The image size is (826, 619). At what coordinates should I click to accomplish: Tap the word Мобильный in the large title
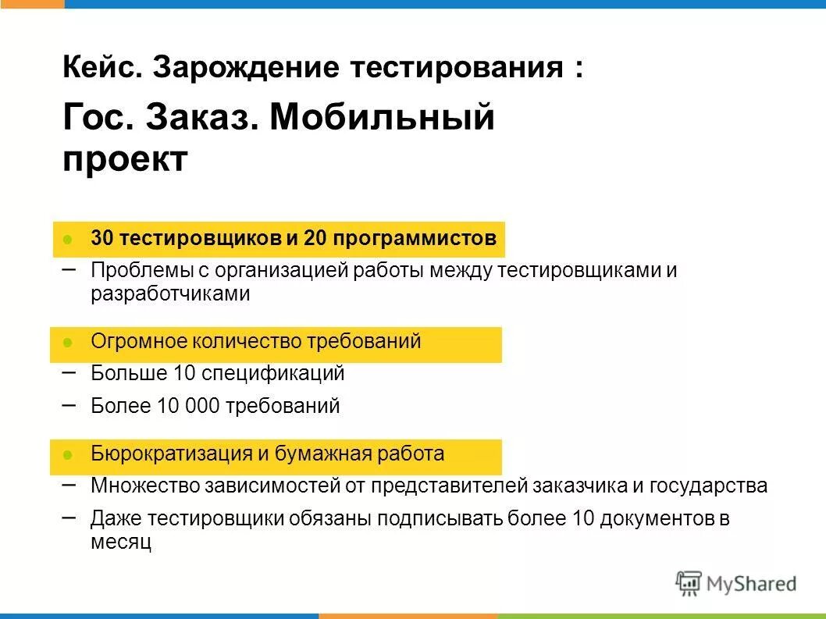[383, 119]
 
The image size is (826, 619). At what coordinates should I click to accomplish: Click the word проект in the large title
[125, 159]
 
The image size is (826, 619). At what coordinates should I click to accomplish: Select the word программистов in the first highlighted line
[414, 237]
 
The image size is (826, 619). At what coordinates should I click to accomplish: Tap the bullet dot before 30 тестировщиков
[68, 238]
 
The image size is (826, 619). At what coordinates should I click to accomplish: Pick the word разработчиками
[170, 293]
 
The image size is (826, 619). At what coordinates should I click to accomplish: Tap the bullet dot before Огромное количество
[68, 342]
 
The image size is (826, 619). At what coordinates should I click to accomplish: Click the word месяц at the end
[120, 543]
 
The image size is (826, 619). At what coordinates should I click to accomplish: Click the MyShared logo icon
[689, 583]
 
